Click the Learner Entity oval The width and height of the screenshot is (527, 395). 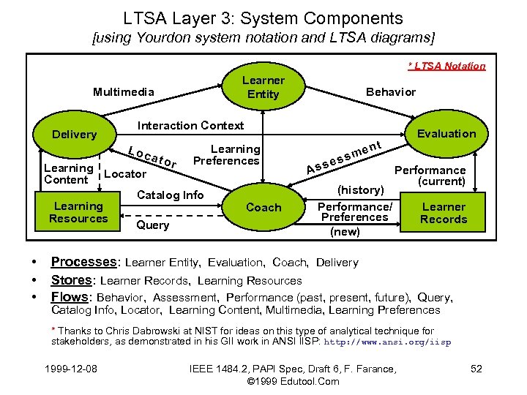(263, 87)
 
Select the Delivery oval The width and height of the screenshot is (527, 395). (74, 134)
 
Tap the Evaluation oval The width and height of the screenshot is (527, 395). (446, 133)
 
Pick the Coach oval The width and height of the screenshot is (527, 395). (263, 207)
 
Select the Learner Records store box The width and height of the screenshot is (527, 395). (444, 213)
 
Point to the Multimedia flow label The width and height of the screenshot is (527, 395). (124, 91)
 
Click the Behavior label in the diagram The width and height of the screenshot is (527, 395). (390, 91)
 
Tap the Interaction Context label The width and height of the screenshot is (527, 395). (191, 125)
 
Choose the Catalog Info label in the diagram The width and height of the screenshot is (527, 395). (171, 195)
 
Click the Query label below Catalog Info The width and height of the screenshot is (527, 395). (153, 225)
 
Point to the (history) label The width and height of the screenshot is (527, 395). (361, 189)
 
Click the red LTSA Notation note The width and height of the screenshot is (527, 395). (446, 66)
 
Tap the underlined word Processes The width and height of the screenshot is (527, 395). (83, 262)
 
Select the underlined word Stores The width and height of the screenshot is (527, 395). (72, 280)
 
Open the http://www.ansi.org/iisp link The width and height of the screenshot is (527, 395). (387, 342)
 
